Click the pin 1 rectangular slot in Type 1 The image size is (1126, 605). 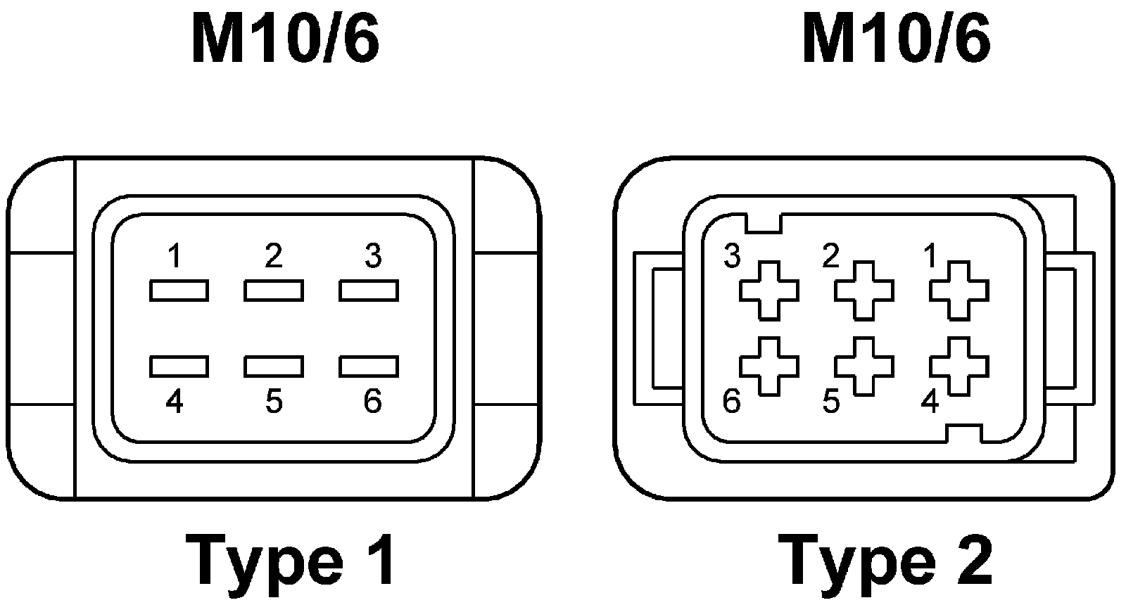[x=179, y=290]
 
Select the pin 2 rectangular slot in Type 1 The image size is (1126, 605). [x=274, y=290]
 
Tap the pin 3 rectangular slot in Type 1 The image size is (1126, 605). [x=369, y=290]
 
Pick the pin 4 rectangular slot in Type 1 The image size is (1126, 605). [x=179, y=366]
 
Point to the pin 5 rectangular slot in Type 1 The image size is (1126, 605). [x=274, y=366]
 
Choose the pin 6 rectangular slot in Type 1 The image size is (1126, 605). [x=369, y=366]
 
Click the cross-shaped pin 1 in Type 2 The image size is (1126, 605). [x=959, y=290]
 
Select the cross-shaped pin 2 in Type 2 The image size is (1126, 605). [x=864, y=290]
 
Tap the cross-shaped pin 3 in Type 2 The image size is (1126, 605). [x=769, y=290]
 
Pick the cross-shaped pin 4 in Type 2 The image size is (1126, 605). [x=959, y=366]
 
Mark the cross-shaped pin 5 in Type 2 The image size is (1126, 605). [x=864, y=366]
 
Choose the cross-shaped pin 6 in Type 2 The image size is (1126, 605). [x=769, y=366]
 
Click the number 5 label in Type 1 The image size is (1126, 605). [x=274, y=402]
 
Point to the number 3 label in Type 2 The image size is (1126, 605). [x=732, y=257]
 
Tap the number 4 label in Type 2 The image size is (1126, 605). [x=930, y=402]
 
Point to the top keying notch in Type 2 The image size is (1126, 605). [x=764, y=223]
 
